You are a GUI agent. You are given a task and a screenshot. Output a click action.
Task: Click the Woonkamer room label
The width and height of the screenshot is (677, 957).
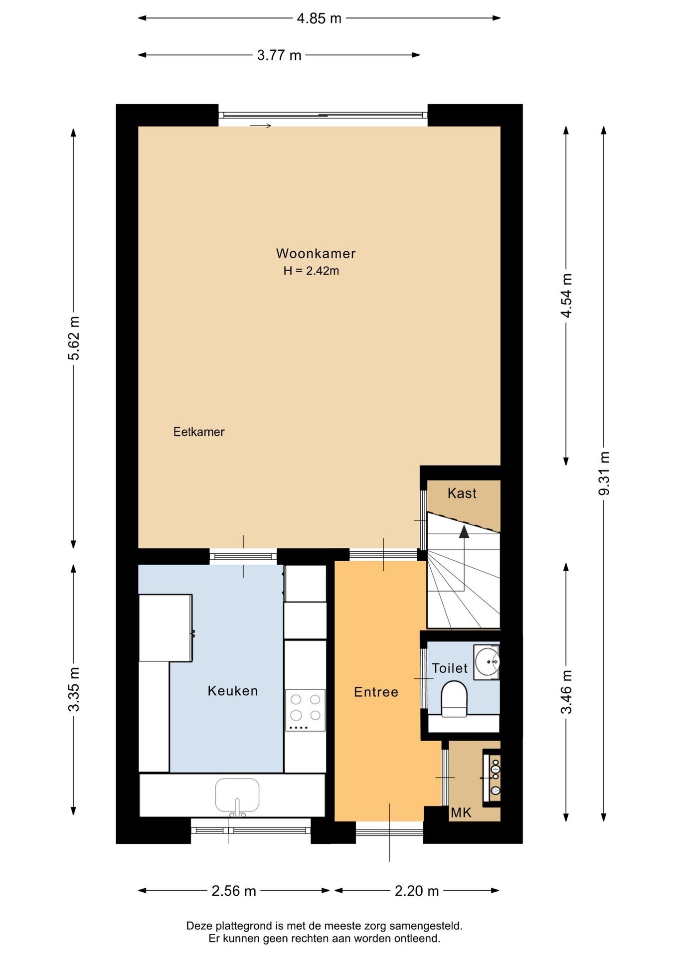pyautogui.click(x=316, y=254)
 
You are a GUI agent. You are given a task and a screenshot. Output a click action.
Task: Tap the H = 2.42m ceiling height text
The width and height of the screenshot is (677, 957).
pyautogui.click(x=311, y=271)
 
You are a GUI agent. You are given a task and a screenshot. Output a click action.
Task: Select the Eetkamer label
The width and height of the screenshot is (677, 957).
pyautogui.click(x=199, y=432)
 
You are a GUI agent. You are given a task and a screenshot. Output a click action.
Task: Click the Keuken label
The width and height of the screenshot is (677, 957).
pyautogui.click(x=233, y=691)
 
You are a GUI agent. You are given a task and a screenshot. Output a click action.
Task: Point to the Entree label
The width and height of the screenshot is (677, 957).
pyautogui.click(x=376, y=692)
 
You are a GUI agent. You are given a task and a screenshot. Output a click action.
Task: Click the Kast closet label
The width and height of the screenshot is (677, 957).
pyautogui.click(x=462, y=493)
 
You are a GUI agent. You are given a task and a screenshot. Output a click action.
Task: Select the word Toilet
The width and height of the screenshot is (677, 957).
pyautogui.click(x=450, y=668)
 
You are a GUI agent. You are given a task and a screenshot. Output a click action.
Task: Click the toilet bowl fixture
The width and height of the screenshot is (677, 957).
pyautogui.click(x=454, y=699)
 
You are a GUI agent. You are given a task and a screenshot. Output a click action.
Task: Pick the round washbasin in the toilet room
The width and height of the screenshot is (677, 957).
pyautogui.click(x=487, y=662)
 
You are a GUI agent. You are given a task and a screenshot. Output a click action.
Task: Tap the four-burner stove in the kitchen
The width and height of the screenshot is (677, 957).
pyautogui.click(x=305, y=710)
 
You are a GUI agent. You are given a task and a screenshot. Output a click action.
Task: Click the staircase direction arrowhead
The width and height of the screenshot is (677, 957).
pyautogui.click(x=464, y=531)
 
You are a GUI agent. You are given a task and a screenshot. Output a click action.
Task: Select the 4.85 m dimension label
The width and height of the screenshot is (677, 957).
pyautogui.click(x=319, y=18)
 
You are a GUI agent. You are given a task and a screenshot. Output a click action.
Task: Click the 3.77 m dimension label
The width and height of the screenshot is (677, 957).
pyautogui.click(x=279, y=55)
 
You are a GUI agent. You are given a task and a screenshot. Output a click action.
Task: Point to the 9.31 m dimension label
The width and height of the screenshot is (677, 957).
pyautogui.click(x=604, y=473)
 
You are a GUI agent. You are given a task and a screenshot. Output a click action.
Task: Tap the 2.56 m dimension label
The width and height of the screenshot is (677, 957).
pyautogui.click(x=234, y=891)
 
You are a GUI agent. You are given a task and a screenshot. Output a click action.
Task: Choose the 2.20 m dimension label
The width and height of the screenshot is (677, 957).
pyautogui.click(x=417, y=891)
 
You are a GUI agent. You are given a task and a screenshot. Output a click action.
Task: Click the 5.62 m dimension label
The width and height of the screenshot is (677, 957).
pyautogui.click(x=74, y=338)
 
